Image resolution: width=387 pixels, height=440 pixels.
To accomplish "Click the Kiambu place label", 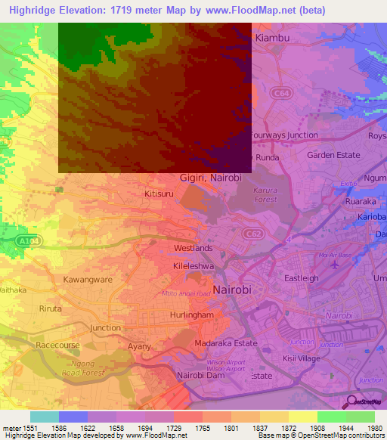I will point(274,37).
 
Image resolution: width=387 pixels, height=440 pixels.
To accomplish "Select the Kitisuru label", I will point(160,194).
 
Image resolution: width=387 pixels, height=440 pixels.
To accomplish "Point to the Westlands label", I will point(193,248).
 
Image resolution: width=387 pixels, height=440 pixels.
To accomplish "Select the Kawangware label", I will point(87,280).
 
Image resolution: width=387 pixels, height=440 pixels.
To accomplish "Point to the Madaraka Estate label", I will point(226,342).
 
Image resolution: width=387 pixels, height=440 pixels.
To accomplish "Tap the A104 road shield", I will point(26,240).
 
